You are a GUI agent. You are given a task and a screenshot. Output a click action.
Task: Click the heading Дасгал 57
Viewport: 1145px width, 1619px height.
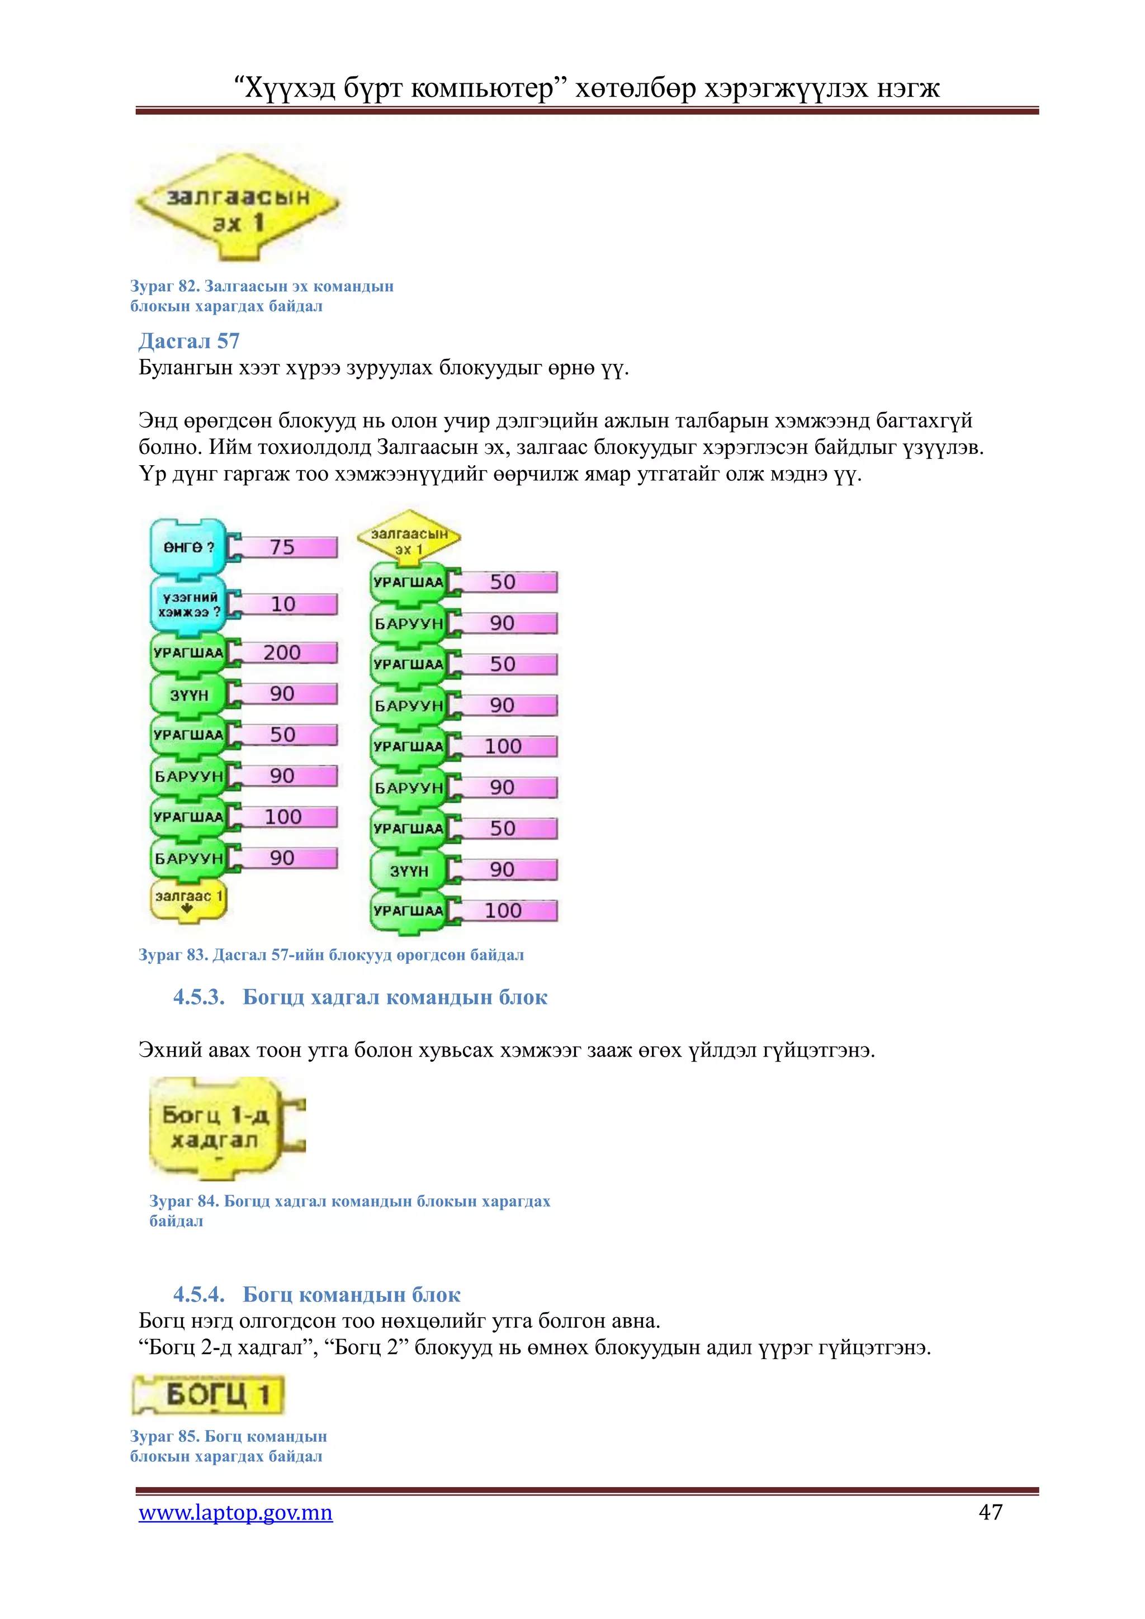click(189, 340)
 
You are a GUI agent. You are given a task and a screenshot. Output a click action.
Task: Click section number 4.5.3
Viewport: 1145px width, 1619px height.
click(199, 997)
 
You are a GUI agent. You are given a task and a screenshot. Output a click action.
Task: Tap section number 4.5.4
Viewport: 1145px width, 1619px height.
click(199, 1294)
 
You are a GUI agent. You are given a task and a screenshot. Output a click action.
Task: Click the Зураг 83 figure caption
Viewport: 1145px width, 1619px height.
click(332, 955)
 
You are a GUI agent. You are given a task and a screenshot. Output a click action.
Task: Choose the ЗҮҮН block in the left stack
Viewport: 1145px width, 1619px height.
click(188, 694)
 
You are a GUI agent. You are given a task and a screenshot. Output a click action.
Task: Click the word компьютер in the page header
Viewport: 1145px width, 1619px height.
click(482, 89)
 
